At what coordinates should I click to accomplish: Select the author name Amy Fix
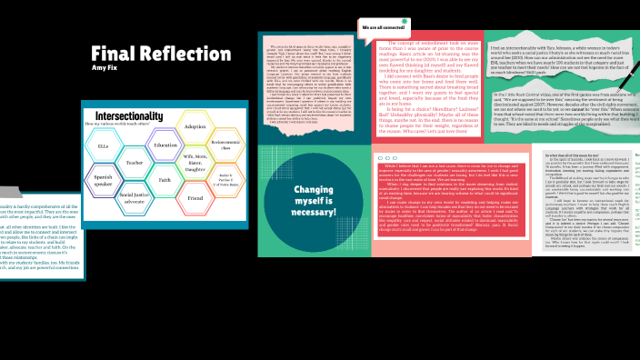[105, 68]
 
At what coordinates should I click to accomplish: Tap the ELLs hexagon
[104, 145]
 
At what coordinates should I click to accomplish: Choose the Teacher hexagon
[135, 163]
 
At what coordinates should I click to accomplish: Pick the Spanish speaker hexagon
[104, 179]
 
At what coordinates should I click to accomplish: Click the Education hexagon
[165, 145]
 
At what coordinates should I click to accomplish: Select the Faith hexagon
[165, 180]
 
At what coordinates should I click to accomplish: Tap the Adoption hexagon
[195, 126]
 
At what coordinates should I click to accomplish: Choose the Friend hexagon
[195, 197]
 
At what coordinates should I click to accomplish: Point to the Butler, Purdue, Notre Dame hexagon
[226, 178]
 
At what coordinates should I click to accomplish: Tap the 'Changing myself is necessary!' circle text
[315, 201]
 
